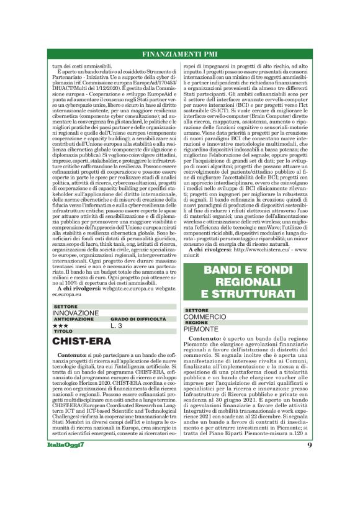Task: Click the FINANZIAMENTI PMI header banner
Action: coord(179,53)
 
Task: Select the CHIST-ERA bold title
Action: coord(82,341)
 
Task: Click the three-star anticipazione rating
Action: coord(61,325)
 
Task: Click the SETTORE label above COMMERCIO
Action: coord(197,310)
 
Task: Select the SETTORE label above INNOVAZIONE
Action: coord(66,307)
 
